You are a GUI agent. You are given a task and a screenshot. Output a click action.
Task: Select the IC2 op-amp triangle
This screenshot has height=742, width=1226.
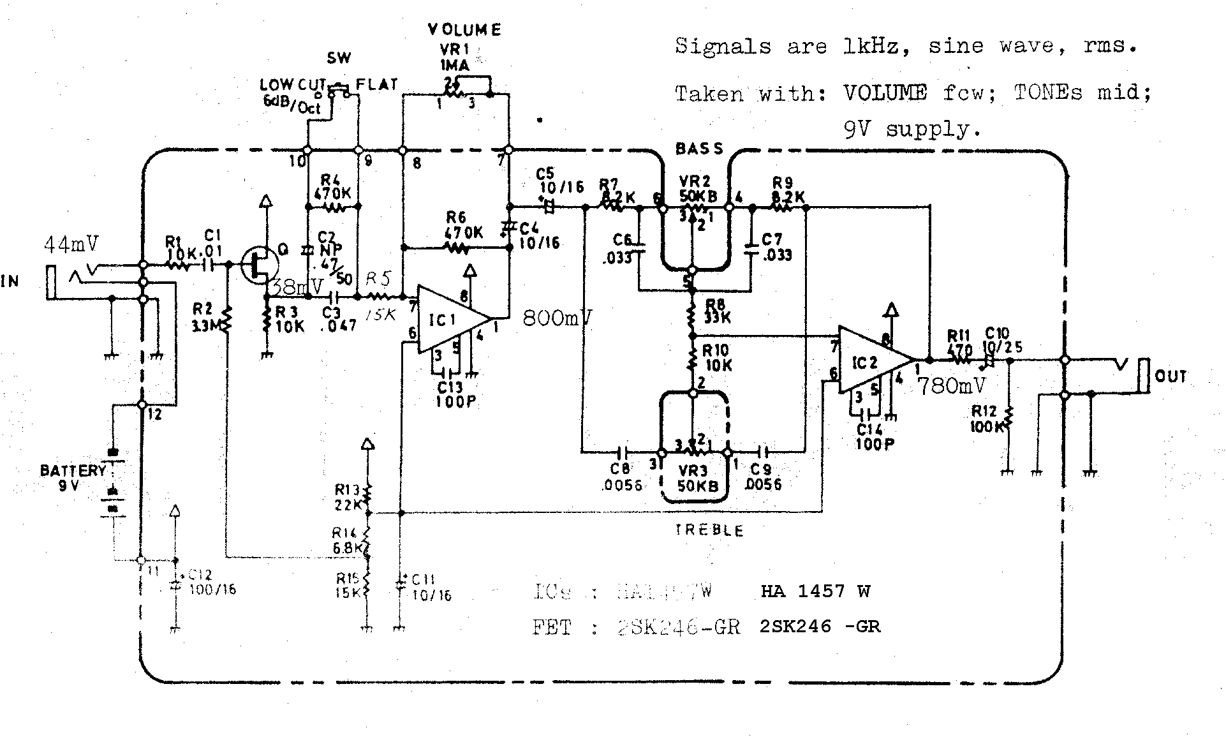pos(871,362)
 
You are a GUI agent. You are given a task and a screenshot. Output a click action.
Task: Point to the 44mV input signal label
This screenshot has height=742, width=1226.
pos(71,244)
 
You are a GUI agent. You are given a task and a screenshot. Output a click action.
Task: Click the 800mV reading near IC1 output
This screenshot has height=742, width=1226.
pos(557,318)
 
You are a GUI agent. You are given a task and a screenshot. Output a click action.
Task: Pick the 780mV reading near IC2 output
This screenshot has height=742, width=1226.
pos(952,385)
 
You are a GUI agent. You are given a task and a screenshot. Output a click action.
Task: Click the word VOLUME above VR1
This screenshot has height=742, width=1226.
pos(464,30)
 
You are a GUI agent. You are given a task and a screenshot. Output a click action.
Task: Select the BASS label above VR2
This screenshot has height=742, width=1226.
pos(700,149)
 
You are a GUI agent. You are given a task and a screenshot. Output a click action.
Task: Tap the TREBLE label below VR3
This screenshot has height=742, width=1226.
pos(709,531)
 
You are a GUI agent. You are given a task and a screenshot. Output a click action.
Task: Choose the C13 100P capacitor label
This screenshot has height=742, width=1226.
pos(455,394)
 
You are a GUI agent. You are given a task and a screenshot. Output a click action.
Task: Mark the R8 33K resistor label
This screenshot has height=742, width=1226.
pos(716,311)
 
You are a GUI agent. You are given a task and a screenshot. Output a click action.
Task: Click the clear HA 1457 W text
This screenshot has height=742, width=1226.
pos(815,591)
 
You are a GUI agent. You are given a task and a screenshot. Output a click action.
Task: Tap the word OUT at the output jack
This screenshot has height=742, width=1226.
pos(1171,376)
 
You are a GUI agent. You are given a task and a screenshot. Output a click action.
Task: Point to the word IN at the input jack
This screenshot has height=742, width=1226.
pos(10,281)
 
